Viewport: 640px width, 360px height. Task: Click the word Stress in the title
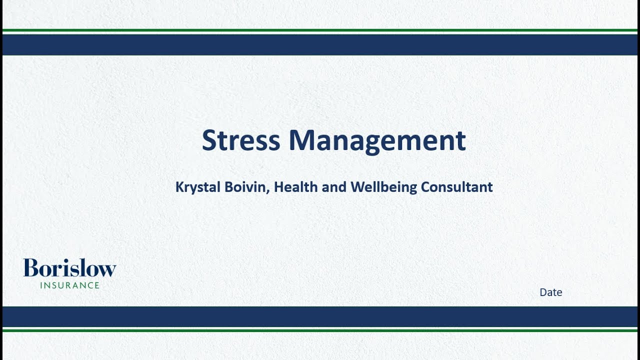point(240,140)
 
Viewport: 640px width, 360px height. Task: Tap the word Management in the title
point(377,141)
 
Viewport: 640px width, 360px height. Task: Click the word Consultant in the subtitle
point(456,187)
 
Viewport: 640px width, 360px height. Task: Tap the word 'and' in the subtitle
point(334,187)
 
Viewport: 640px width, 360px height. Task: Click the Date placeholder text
point(550,292)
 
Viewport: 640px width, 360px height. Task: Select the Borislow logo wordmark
point(69,268)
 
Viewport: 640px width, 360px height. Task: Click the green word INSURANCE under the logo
point(70,285)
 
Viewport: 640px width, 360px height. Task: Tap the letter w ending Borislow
point(108,270)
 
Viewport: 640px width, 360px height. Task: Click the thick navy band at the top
point(320,44)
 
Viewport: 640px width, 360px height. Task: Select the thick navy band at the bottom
point(320,316)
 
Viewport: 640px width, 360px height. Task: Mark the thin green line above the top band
point(320,30)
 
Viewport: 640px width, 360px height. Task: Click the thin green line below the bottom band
point(320,330)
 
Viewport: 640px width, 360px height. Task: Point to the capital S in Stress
point(209,140)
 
